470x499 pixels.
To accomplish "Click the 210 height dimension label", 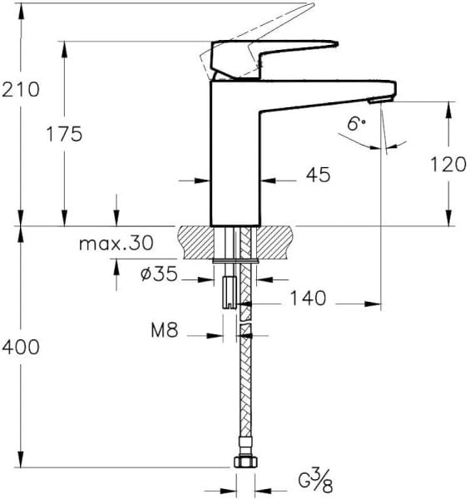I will coord(21,89).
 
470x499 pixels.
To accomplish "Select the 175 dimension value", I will coord(65,134).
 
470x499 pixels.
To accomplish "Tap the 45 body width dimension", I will coord(318,175).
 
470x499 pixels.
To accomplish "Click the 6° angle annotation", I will coord(356,124).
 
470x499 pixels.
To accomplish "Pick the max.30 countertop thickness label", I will coord(116,243).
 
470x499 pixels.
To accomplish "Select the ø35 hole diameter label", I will coord(159,273).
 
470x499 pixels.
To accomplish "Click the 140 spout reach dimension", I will coord(307,297).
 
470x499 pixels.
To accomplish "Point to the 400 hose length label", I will coord(21,347).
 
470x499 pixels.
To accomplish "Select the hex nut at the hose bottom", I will coord(244,462).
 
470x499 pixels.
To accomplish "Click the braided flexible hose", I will coord(245,383).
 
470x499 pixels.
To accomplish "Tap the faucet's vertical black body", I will coord(236,158).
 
